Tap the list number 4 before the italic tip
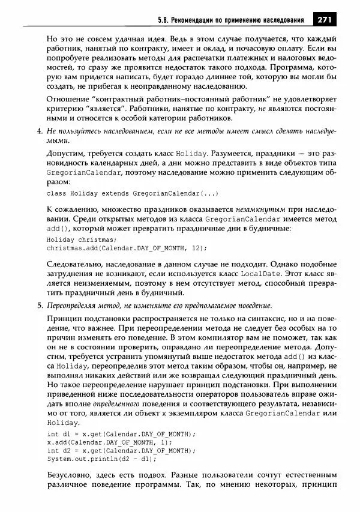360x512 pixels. click(x=39, y=131)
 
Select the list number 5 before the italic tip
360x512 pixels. click(x=39, y=305)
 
